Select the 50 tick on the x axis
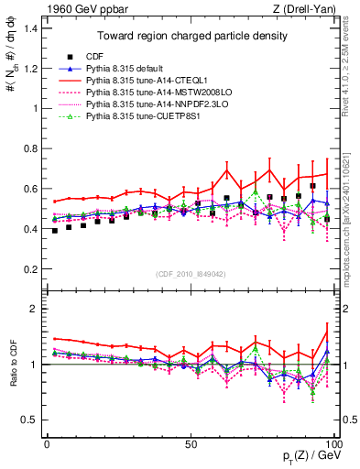click(x=190, y=443)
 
